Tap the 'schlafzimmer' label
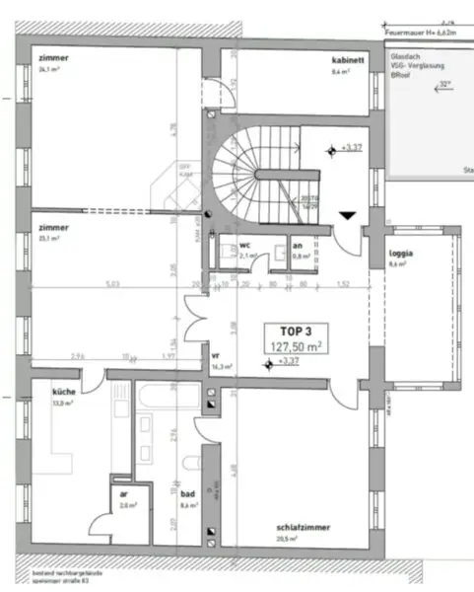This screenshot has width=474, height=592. point(303,528)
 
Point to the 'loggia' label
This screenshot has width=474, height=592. point(400,253)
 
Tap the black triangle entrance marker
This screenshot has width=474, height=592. point(348,214)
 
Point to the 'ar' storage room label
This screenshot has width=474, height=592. point(123,493)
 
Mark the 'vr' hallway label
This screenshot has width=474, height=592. point(216,355)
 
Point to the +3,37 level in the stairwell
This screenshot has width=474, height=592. point(351,148)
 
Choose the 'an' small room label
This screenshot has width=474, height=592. point(298,245)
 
